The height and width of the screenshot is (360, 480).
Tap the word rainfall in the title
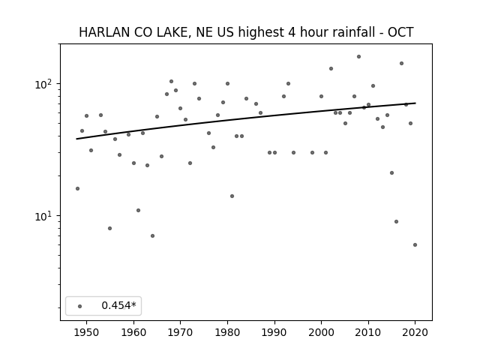pos(352,32)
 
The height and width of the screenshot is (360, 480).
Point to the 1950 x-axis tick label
pos(87,332)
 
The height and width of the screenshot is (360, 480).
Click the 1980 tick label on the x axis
pos(227,332)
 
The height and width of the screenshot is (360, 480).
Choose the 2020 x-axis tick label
pos(415,332)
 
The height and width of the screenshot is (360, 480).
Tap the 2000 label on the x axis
pos(321,332)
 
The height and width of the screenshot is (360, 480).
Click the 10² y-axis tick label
pos(45,84)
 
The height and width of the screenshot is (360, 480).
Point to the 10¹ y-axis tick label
pos(45,216)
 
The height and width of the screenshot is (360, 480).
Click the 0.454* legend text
pos(118,305)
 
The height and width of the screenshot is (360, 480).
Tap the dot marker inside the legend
pos(80,306)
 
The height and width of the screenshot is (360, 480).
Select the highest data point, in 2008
pos(358,57)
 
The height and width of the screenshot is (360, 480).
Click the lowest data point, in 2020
pos(415,245)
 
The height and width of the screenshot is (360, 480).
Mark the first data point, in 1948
pos(77,188)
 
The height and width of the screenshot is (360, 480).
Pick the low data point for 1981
pos(232,196)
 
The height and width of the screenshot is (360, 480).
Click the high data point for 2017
pos(401,63)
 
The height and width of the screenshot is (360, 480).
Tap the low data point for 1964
pos(152,236)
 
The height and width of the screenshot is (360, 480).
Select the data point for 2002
pos(331,68)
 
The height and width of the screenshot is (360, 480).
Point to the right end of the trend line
pos(415,103)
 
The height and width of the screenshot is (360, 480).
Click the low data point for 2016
pos(397,222)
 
